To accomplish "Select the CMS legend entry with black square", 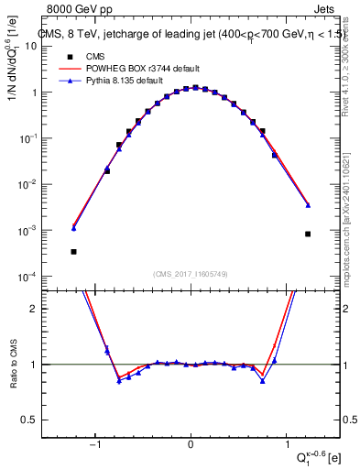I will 83,57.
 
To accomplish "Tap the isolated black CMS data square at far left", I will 73,251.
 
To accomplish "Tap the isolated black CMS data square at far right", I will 308,234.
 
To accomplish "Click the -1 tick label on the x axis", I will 95,446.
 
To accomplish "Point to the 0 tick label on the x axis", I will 191,446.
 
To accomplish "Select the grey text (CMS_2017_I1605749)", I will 191,274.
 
